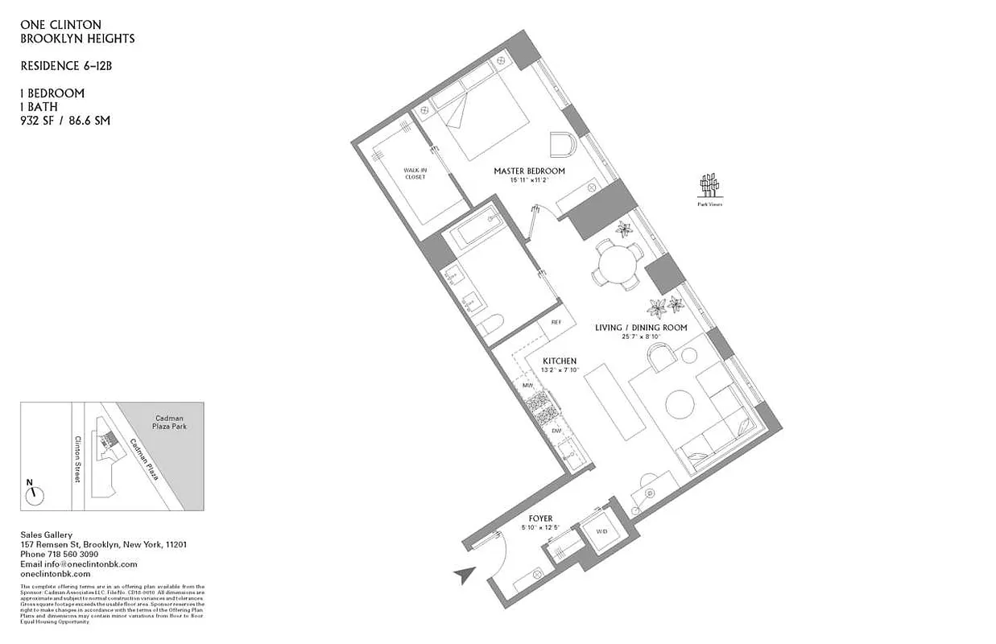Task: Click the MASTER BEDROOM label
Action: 529,171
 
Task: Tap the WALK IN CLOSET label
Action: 415,173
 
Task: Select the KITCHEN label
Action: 559,360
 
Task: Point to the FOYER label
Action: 539,518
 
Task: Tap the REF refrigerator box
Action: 556,322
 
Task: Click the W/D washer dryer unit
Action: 601,532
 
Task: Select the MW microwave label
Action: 529,386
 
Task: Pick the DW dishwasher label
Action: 556,431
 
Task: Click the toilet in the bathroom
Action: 492,326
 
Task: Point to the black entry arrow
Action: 463,575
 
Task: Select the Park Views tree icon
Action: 709,186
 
